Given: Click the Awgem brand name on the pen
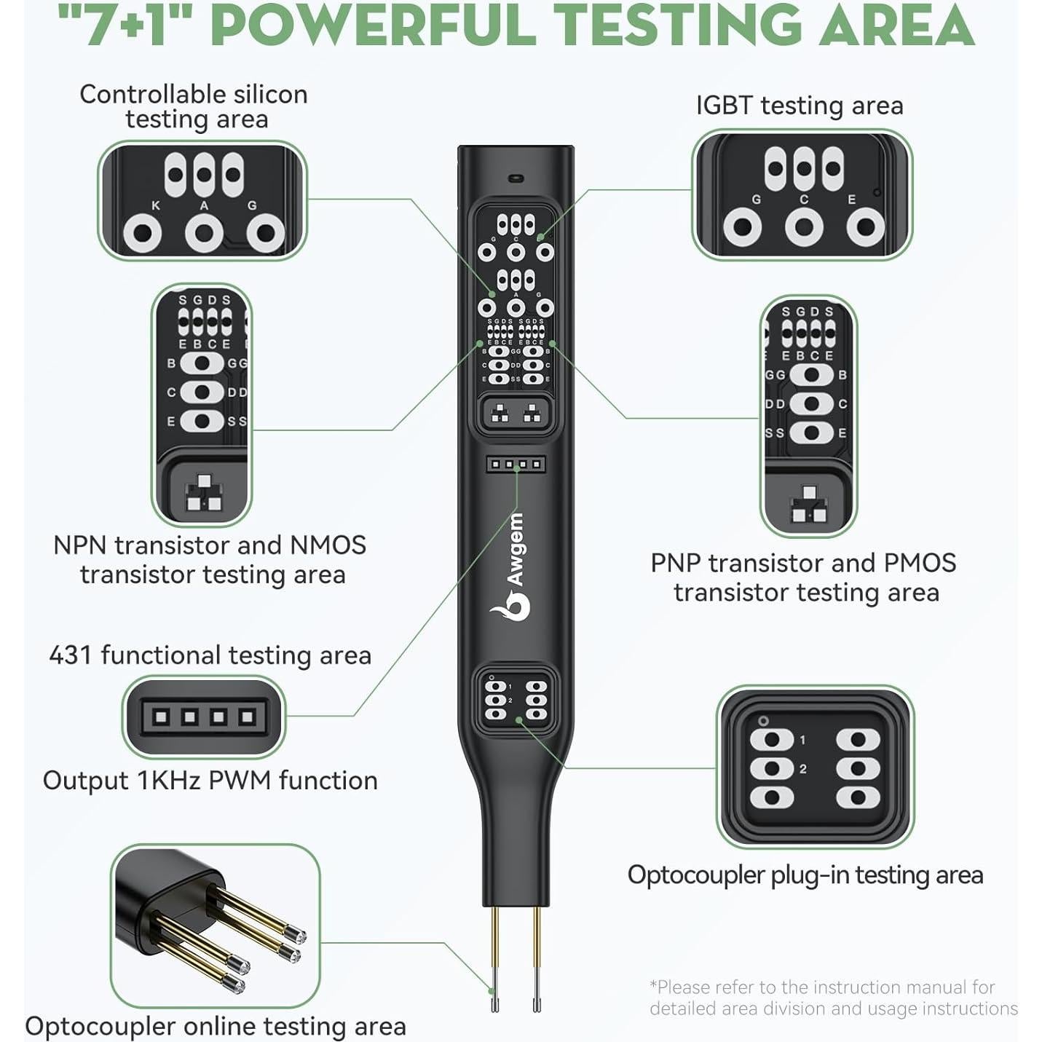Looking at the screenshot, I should click(516, 549).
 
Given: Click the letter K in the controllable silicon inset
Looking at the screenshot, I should click(156, 206).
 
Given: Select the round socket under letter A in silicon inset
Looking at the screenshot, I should click(204, 234).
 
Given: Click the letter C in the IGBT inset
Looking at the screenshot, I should click(804, 200).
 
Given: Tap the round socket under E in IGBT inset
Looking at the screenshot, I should click(866, 226).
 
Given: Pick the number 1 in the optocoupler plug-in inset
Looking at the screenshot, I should click(803, 740).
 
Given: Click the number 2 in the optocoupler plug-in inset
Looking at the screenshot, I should click(803, 769).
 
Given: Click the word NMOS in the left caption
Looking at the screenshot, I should click(328, 545).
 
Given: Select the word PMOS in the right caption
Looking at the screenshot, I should click(920, 563).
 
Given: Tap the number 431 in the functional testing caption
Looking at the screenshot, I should click(71, 655).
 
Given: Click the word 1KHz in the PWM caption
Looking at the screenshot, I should click(169, 781).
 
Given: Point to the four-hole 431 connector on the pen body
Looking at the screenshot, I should click(516, 464).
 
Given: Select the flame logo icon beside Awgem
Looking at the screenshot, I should click(510, 604).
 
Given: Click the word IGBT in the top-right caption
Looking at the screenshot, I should click(724, 106).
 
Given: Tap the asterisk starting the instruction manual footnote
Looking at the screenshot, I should click(653, 986).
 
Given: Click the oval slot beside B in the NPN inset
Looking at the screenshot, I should click(202, 363).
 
